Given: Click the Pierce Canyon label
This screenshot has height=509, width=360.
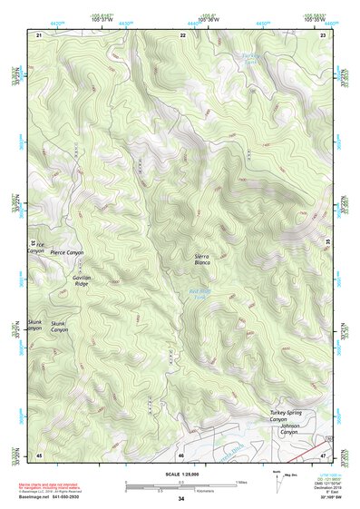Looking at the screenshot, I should coord(66,252).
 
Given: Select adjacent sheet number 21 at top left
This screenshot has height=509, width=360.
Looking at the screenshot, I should coord(39,34).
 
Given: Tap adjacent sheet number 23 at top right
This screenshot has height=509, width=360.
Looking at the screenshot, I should coord(324,34).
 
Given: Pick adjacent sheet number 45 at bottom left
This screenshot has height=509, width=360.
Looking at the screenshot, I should coord(39,454).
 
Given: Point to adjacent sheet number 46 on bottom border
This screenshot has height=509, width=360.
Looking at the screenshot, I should coord(181,454).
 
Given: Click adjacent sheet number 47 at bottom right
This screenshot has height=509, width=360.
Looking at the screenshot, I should coord(324,454).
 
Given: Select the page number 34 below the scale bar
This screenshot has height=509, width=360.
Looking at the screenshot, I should coord(181,499).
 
